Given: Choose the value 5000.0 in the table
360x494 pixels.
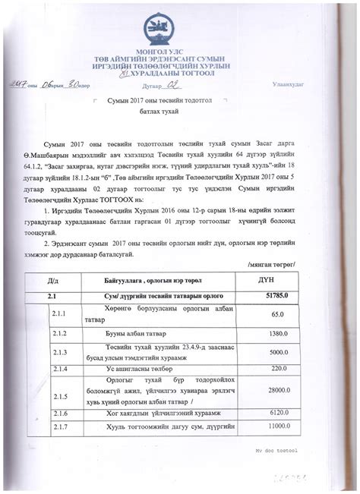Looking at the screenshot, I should pos(278,351).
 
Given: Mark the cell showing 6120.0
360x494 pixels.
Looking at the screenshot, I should pos(278,414).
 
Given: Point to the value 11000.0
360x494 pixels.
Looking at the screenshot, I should pos(278,428).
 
